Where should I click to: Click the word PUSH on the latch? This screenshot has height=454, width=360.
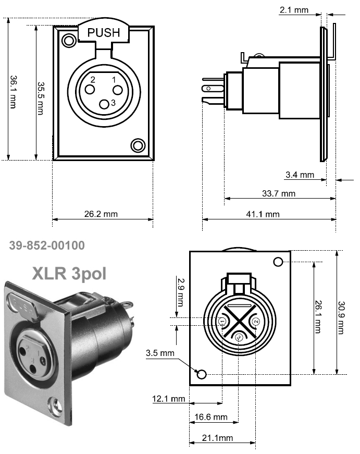click(103, 32)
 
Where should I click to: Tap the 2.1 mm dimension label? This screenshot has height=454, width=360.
click(294, 9)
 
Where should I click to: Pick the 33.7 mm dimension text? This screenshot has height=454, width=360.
click(278, 194)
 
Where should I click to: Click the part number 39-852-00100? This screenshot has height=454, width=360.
click(47, 245)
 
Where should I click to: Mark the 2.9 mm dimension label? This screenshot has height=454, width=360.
click(180, 292)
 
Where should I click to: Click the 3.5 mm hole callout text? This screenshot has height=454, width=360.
click(160, 353)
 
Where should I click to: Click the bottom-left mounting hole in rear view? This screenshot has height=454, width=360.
click(202, 374)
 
